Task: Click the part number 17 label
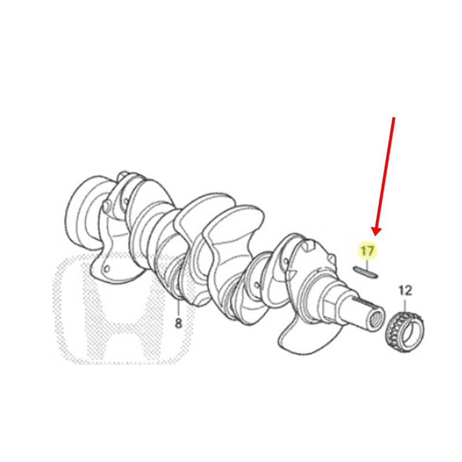click(367, 251)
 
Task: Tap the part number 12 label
click(405, 291)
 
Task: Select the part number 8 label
click(178, 323)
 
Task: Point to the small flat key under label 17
click(366, 272)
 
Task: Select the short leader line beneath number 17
click(367, 264)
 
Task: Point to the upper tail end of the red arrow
click(394, 118)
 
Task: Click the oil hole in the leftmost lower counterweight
click(107, 269)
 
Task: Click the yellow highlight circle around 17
click(367, 251)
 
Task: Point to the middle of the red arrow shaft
click(385, 174)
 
